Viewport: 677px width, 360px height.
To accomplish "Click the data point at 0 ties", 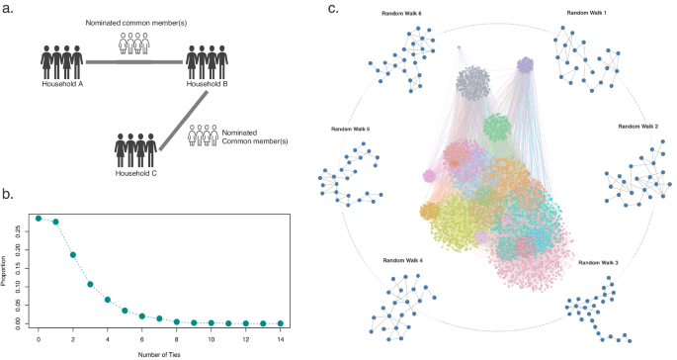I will coord(39,218).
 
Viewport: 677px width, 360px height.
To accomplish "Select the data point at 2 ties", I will coord(73,254).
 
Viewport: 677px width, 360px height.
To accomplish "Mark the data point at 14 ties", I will coord(281,323).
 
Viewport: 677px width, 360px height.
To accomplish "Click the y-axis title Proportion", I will coord(7,270).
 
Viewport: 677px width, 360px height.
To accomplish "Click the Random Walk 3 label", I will coord(600,262).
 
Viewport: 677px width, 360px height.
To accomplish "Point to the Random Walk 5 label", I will coord(352,130).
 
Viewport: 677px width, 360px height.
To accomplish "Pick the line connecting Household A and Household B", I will coord(134,62).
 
